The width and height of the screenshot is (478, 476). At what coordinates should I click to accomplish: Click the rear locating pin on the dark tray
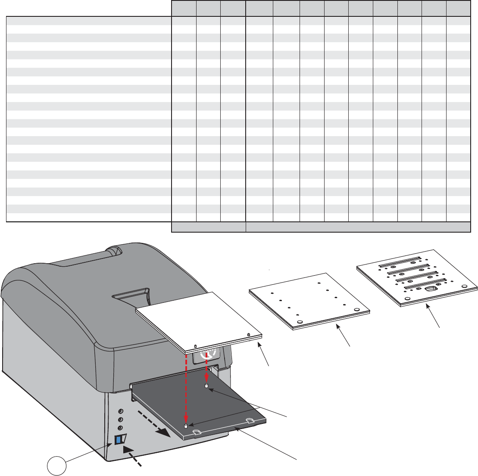(207, 386)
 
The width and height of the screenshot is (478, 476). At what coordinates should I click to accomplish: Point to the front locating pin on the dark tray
(185, 426)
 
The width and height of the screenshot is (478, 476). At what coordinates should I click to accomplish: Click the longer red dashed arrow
(186, 388)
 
